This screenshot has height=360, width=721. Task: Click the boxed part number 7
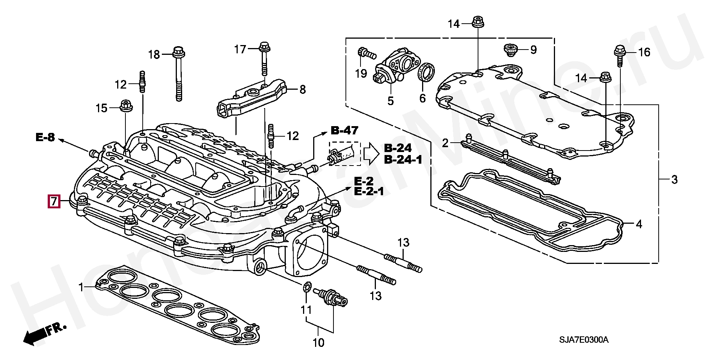coord(54,202)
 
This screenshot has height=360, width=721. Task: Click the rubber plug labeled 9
coord(510,50)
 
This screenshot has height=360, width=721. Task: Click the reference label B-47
coord(344,130)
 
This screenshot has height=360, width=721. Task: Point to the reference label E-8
coord(45,137)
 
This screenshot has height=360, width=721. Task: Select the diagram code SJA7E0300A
coord(584,340)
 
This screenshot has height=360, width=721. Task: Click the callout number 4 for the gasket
coord(639,224)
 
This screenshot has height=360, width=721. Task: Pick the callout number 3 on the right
coord(674,179)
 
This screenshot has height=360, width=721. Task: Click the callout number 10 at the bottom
coord(318,342)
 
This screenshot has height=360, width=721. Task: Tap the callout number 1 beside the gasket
coord(81,288)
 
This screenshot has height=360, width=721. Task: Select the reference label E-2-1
coord(369,191)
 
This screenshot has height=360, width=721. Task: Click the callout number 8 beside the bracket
coord(302,89)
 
